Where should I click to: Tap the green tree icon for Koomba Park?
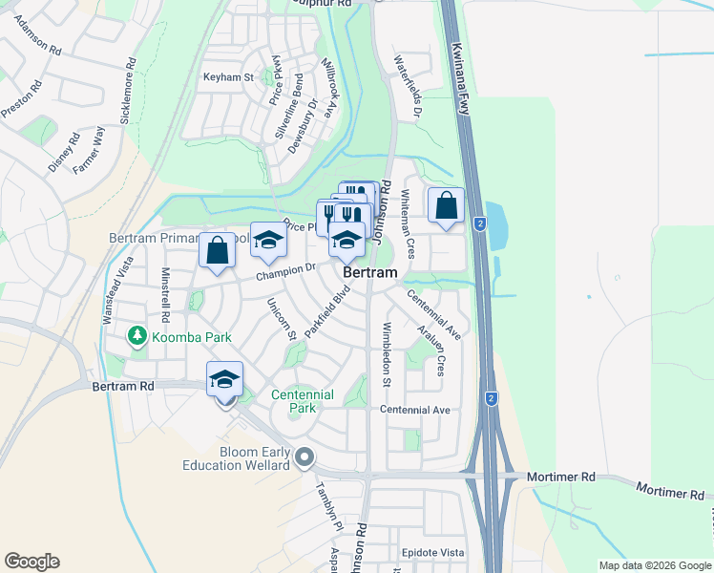[136, 336]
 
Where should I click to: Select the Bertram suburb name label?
[369, 272]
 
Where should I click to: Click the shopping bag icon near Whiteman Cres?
[447, 205]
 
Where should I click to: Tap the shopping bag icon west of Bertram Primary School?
[218, 251]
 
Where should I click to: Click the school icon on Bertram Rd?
[224, 380]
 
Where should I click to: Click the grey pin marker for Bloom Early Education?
[305, 457]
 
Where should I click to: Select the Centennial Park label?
[303, 401]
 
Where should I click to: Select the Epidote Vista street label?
[432, 553]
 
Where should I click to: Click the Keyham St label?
[228, 77]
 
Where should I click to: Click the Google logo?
[31, 562]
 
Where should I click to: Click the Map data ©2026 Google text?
[655, 564]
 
